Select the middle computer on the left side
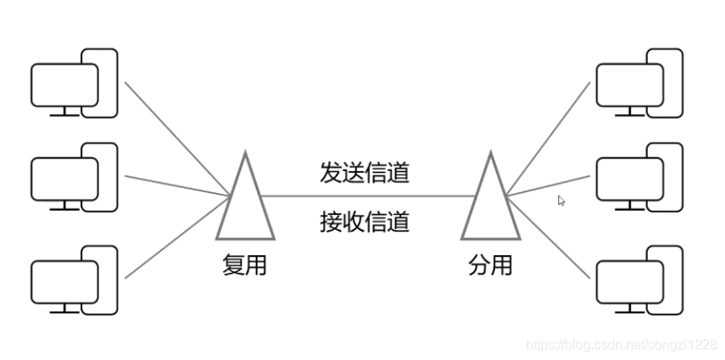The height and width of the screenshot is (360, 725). [74, 179]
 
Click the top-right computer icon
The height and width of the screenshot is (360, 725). [638, 84]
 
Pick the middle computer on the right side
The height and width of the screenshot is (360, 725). [638, 179]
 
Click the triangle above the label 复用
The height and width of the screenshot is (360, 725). [245, 201]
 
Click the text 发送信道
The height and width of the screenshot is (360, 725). [364, 172]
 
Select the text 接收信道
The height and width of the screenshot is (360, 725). [364, 222]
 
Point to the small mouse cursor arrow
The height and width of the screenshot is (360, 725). [561, 201]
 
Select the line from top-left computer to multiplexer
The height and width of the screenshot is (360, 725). [176, 138]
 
